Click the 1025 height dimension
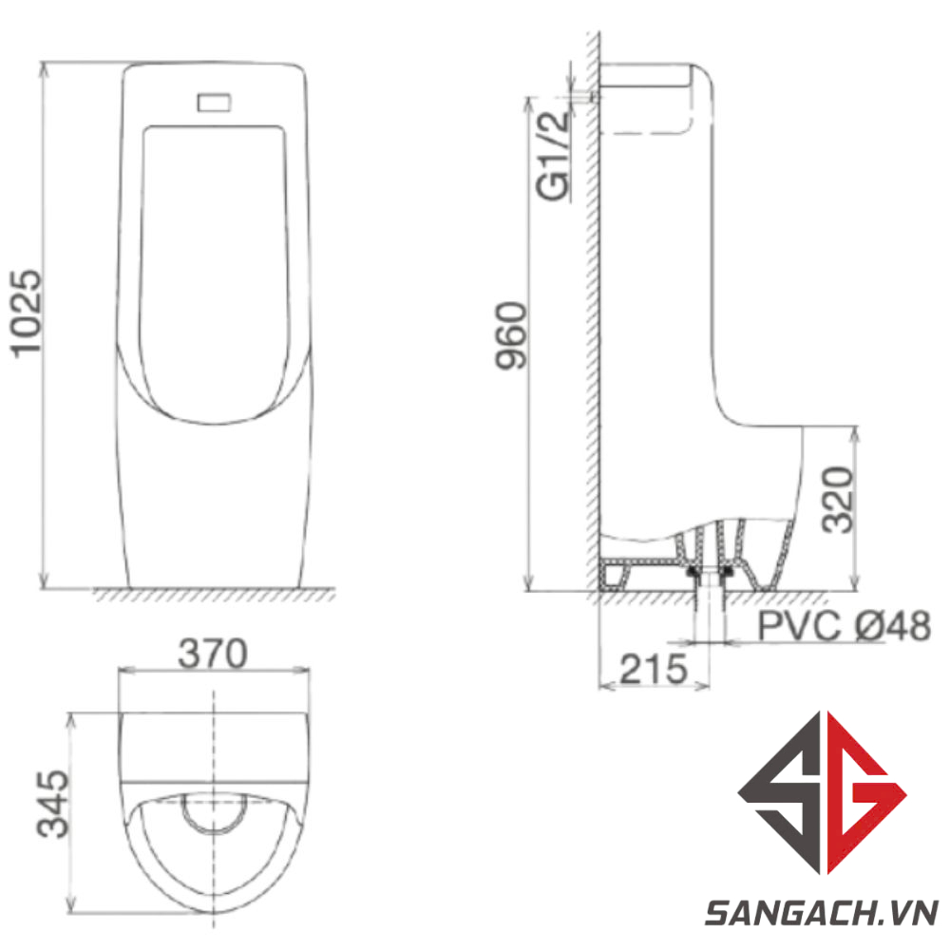click(28, 313)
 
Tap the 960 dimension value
click(512, 335)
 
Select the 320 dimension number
click(839, 500)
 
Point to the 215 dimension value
click(654, 669)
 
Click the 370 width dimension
click(213, 654)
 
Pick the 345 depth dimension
click(53, 804)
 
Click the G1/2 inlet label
click(553, 155)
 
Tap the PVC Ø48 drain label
click(844, 625)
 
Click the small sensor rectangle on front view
click(214, 103)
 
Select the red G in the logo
click(866, 792)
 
